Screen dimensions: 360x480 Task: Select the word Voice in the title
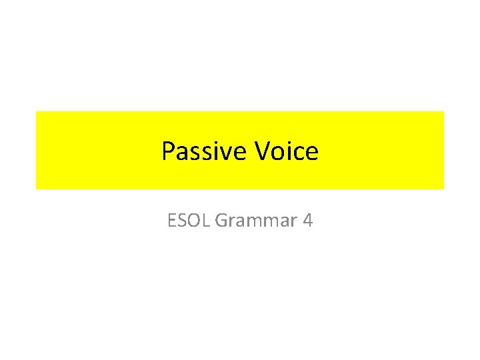287,152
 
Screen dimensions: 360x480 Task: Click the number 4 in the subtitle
307,220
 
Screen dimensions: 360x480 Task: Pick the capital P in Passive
168,152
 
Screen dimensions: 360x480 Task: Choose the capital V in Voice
263,152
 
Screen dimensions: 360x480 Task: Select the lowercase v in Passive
228,154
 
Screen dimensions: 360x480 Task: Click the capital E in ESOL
172,220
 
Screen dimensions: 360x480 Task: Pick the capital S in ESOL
182,220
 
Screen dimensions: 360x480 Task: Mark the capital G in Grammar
221,220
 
